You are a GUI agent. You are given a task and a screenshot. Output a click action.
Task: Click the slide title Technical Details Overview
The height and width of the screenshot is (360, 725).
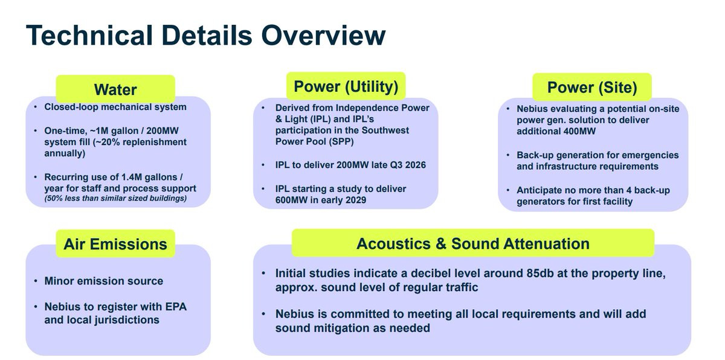(206, 35)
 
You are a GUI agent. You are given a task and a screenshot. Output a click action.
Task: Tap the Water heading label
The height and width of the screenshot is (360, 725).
(115, 89)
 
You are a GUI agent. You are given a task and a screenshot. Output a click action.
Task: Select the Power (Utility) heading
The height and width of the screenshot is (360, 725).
(346, 86)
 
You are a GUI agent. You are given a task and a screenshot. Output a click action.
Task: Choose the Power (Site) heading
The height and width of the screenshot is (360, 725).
(592, 88)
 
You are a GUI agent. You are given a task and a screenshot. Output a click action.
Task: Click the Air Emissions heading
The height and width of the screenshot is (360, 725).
(115, 244)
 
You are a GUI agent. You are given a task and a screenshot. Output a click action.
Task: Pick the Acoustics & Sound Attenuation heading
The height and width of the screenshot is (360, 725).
(473, 243)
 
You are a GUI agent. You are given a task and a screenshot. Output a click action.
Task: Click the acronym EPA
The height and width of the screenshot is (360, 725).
(176, 307)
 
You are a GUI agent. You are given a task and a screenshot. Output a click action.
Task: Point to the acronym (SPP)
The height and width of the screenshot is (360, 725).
(341, 142)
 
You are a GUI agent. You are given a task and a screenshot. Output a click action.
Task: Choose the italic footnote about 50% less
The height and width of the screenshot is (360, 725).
(115, 198)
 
